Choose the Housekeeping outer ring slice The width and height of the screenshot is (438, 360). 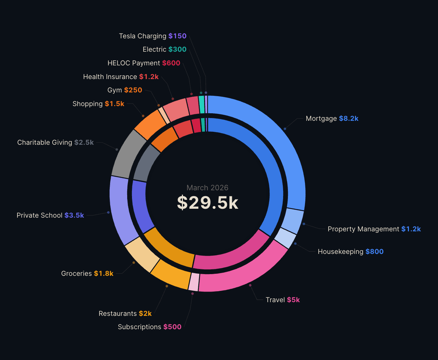click(286, 238)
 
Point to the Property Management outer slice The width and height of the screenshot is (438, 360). click(292, 221)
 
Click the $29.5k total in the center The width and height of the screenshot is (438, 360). click(208, 203)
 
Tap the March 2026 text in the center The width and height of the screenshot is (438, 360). click(208, 188)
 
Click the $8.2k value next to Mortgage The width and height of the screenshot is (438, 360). click(348, 118)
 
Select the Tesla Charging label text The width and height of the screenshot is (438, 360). click(143, 36)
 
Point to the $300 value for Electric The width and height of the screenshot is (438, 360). click(177, 49)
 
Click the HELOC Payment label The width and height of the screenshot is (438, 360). click(134, 63)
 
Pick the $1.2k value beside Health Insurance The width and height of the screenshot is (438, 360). click(149, 77)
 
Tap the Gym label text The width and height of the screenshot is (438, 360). click(115, 90)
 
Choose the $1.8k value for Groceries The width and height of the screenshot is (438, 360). click(104, 273)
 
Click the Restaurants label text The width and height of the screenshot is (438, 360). click(118, 313)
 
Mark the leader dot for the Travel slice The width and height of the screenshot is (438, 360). click(250, 285)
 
